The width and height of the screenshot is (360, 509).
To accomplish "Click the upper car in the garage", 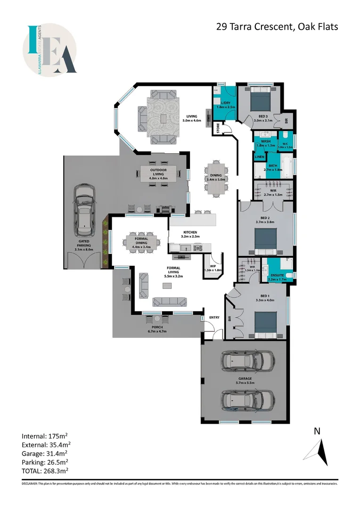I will coord(248,362).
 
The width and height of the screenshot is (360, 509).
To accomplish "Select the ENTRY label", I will coord(214,317).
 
